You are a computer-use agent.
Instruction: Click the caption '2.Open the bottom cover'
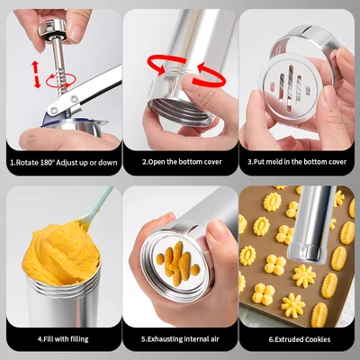(180, 163)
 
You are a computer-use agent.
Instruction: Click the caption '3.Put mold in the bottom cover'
(298, 163)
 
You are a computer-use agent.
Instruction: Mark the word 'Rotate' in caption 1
(30, 163)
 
